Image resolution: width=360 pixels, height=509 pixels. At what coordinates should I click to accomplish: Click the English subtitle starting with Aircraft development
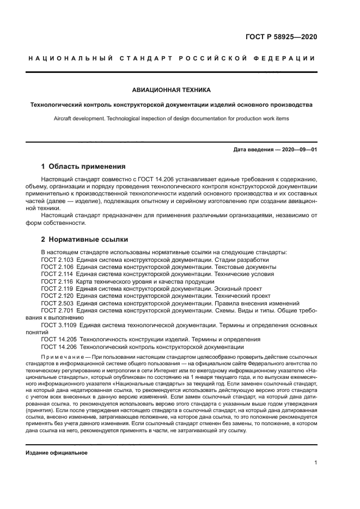point(171,118)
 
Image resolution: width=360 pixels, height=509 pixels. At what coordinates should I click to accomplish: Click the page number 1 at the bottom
point(315,463)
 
